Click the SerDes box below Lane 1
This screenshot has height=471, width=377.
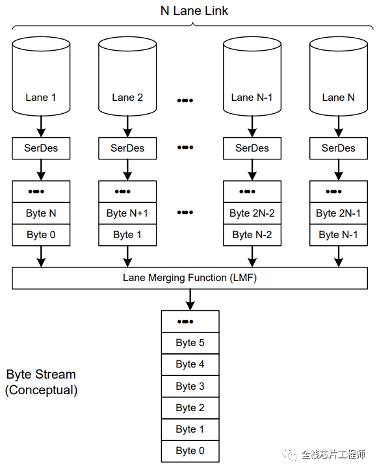[41, 148]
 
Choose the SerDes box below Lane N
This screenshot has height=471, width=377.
[338, 148]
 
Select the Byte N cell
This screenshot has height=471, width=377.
[41, 213]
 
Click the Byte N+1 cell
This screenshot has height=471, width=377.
[127, 213]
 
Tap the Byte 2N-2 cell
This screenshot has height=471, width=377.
[252, 213]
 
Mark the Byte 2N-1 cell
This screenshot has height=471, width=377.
[338, 213]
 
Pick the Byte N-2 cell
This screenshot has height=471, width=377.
[252, 235]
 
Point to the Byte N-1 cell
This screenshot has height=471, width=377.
[338, 235]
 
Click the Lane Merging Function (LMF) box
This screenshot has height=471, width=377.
[190, 278]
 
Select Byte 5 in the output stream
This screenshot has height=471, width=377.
[190, 343]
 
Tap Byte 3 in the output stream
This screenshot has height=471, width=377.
[190, 386]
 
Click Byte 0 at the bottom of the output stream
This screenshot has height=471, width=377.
[190, 451]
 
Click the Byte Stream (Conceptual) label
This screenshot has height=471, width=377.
[41, 383]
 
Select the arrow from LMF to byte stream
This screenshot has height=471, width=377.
[190, 299]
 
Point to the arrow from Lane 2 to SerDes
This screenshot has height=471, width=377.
[127, 125]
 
